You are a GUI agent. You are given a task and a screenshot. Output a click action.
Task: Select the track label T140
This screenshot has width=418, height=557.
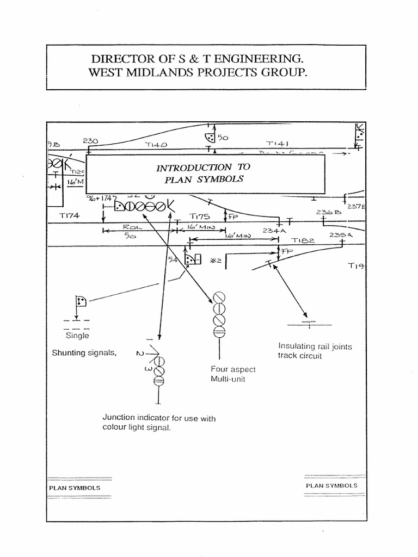pyautogui.click(x=156, y=145)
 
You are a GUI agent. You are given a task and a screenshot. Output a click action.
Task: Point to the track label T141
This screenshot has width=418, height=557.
pyautogui.click(x=277, y=144)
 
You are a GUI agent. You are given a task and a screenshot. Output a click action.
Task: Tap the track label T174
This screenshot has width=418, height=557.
pyautogui.click(x=69, y=215)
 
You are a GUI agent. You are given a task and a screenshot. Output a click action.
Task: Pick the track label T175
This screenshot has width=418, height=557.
pyautogui.click(x=199, y=216)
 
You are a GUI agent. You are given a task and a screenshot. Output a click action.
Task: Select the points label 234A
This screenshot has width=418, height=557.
pyautogui.click(x=274, y=231)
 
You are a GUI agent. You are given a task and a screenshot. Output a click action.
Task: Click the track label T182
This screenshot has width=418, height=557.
pyautogui.click(x=303, y=240)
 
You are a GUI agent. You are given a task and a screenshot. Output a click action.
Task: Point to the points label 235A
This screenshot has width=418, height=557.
pyautogui.click(x=341, y=235)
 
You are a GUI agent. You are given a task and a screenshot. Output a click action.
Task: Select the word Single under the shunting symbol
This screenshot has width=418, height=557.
pyautogui.click(x=77, y=336)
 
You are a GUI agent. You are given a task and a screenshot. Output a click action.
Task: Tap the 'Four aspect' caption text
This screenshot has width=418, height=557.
pyautogui.click(x=233, y=369)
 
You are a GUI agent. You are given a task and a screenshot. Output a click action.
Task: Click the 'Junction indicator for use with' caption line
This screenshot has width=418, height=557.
pyautogui.click(x=159, y=418)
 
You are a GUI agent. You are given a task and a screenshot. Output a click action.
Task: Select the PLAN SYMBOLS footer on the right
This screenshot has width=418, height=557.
pyautogui.click(x=331, y=485)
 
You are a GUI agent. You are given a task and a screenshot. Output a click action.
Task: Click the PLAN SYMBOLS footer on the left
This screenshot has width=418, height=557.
pyautogui.click(x=75, y=488)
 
